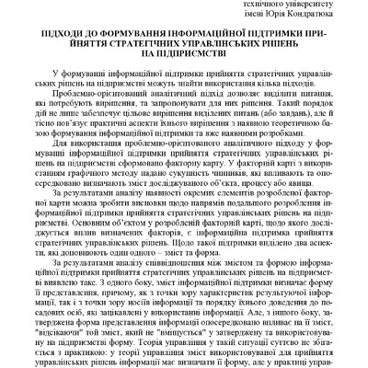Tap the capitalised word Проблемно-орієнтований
(x=100, y=111)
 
